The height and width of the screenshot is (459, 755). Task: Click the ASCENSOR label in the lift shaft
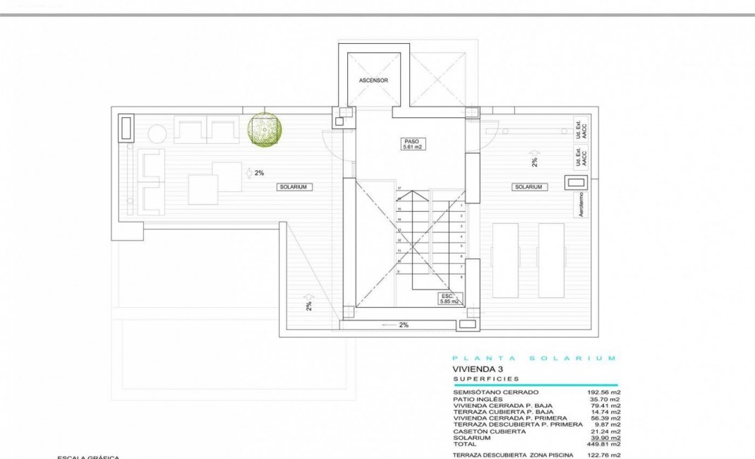(x=373, y=81)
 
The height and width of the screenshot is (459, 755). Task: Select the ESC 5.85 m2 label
(x=449, y=299)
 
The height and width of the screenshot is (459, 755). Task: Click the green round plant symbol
(x=265, y=130)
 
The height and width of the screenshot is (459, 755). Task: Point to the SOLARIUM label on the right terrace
(x=528, y=186)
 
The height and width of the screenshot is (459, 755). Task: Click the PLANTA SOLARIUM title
(x=533, y=358)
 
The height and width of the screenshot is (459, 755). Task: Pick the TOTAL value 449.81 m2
(x=605, y=444)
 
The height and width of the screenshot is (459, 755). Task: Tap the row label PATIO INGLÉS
(x=477, y=399)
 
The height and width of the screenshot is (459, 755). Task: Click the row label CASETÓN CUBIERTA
(x=489, y=431)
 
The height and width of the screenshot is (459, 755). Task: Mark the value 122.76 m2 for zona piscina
(x=605, y=455)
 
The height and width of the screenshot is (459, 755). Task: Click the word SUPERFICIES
(x=486, y=379)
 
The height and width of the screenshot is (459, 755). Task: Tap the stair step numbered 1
(x=461, y=205)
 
